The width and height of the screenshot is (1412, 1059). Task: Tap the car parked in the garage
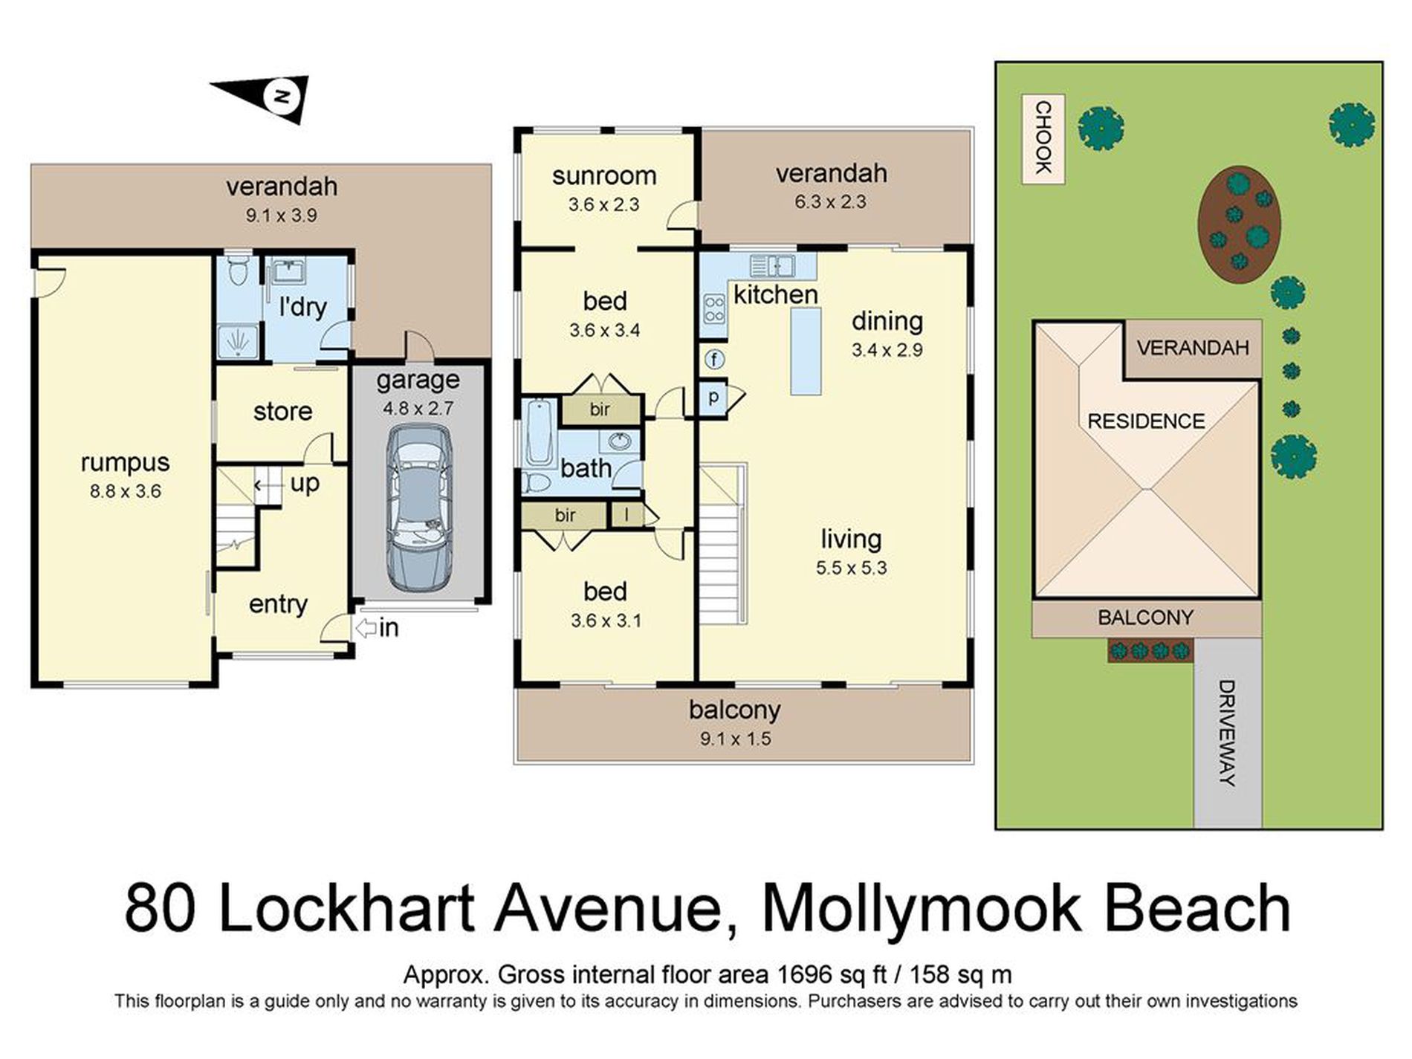pyautogui.click(x=420, y=508)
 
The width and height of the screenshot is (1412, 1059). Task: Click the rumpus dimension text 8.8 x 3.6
pyautogui.click(x=125, y=491)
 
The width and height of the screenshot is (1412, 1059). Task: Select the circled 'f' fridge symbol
pyautogui.click(x=714, y=360)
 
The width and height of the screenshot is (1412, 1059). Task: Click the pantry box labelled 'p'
pyautogui.click(x=713, y=398)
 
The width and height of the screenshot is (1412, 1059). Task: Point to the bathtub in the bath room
pyautogui.click(x=537, y=433)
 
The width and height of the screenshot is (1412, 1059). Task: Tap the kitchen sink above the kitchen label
pyautogui.click(x=772, y=265)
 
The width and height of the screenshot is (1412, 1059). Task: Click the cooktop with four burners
pyautogui.click(x=714, y=308)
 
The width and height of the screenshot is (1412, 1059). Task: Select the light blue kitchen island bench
pyautogui.click(x=806, y=351)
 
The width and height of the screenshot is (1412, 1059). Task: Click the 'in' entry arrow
pyautogui.click(x=366, y=629)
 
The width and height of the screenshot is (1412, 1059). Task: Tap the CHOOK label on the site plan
pyautogui.click(x=1043, y=138)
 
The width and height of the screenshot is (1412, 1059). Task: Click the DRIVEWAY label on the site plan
pyautogui.click(x=1227, y=733)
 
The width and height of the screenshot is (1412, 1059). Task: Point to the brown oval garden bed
pyautogui.click(x=1238, y=224)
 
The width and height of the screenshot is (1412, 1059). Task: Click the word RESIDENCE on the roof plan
pyautogui.click(x=1146, y=421)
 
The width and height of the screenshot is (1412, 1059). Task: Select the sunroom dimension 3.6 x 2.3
pyautogui.click(x=603, y=204)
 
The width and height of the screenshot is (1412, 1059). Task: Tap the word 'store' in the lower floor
pyautogui.click(x=282, y=411)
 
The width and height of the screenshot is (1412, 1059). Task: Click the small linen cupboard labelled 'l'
pyautogui.click(x=626, y=514)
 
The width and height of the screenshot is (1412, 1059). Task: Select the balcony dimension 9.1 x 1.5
pyautogui.click(x=734, y=739)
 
